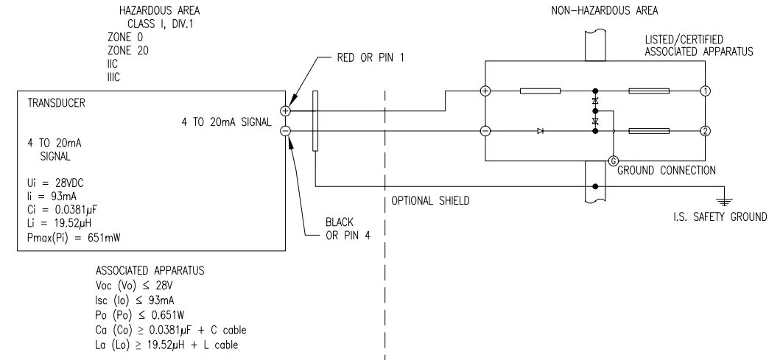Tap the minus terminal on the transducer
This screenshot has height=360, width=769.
point(286,131)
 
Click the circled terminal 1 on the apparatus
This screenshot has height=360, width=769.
point(706,92)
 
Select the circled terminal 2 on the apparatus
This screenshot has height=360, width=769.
point(706,131)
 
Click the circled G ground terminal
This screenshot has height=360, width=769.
point(611,160)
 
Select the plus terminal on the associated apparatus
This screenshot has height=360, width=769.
point(485,92)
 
